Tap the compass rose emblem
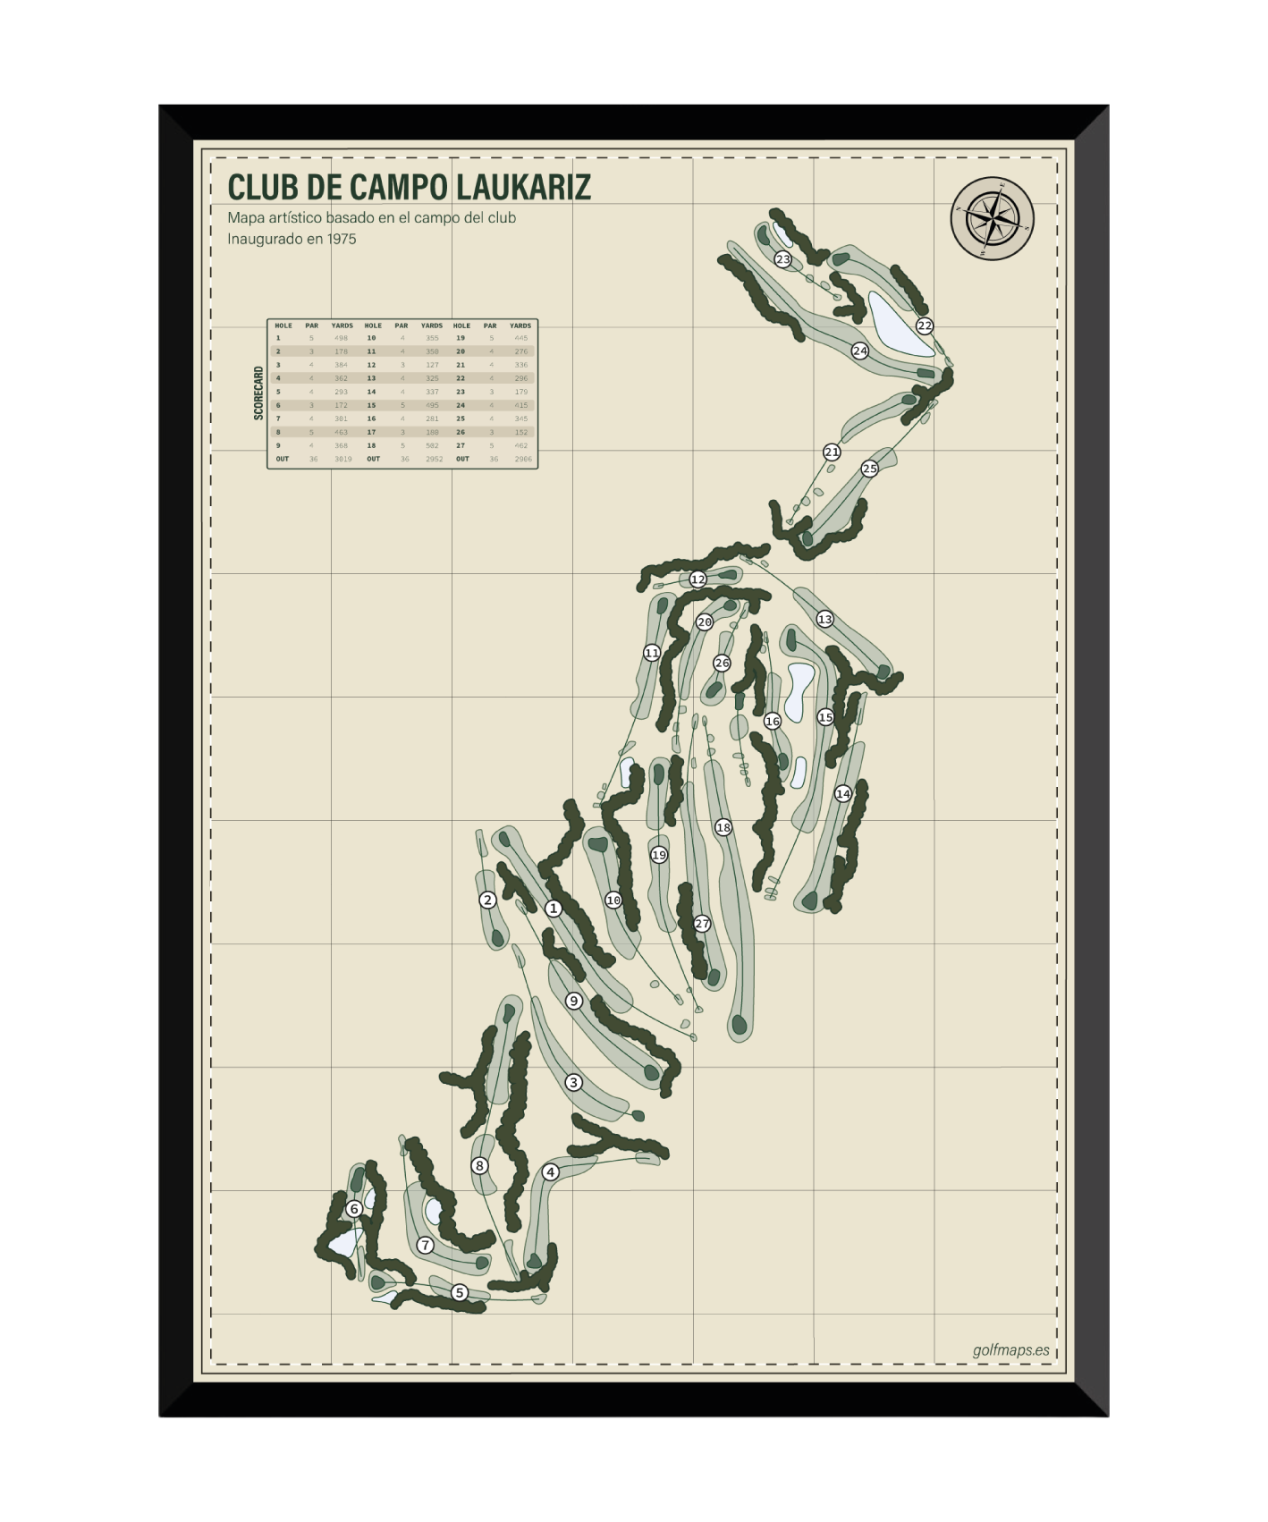pos(992,219)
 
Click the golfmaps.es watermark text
pos(1010,1350)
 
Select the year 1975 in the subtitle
pos(340,239)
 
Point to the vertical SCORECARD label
pos(258,393)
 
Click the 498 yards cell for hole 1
pos(342,338)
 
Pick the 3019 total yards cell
pos(342,459)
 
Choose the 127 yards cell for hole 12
pos(432,365)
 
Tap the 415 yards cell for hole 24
pos(521,405)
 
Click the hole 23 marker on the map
pos(783,259)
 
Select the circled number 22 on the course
pos(925,326)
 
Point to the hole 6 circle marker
pos(354,1209)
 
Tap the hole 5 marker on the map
pos(460,1292)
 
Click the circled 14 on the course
pos(842,793)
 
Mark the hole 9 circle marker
pos(574,1001)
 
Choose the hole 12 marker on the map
pos(697,579)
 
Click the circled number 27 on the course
pos(702,924)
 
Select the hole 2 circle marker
pos(487,900)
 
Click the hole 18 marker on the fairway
pos(723,827)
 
